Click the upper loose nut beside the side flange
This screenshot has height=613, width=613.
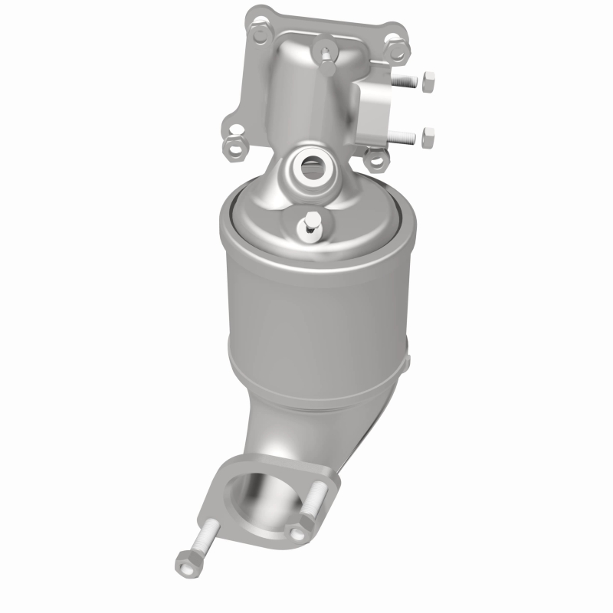(428, 79)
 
